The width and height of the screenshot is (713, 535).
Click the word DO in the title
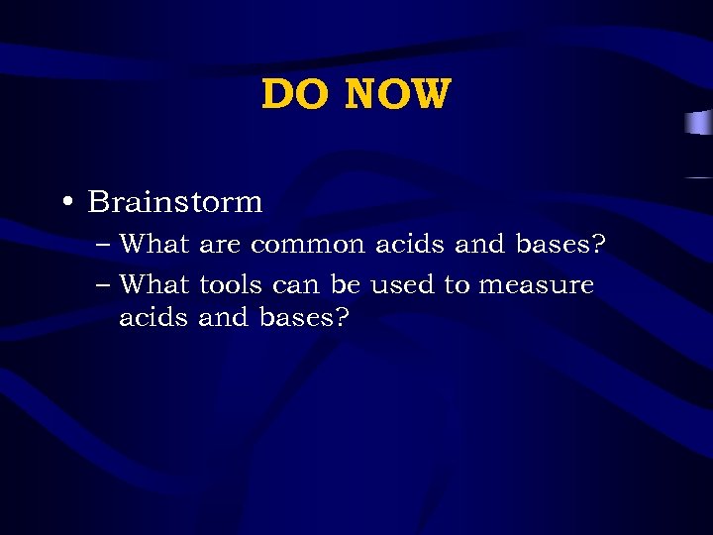(x=296, y=95)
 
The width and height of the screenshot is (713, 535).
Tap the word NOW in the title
(x=398, y=95)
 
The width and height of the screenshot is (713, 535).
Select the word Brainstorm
(x=175, y=202)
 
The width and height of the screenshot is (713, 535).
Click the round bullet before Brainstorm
(x=65, y=203)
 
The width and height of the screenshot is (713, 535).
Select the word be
(x=346, y=285)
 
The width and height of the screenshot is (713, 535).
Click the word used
(x=403, y=285)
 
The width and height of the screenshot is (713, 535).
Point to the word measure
(x=536, y=285)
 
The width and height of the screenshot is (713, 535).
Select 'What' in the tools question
(x=154, y=285)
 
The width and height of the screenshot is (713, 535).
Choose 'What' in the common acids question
(x=154, y=244)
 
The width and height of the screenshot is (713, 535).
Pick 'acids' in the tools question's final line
(x=154, y=318)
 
